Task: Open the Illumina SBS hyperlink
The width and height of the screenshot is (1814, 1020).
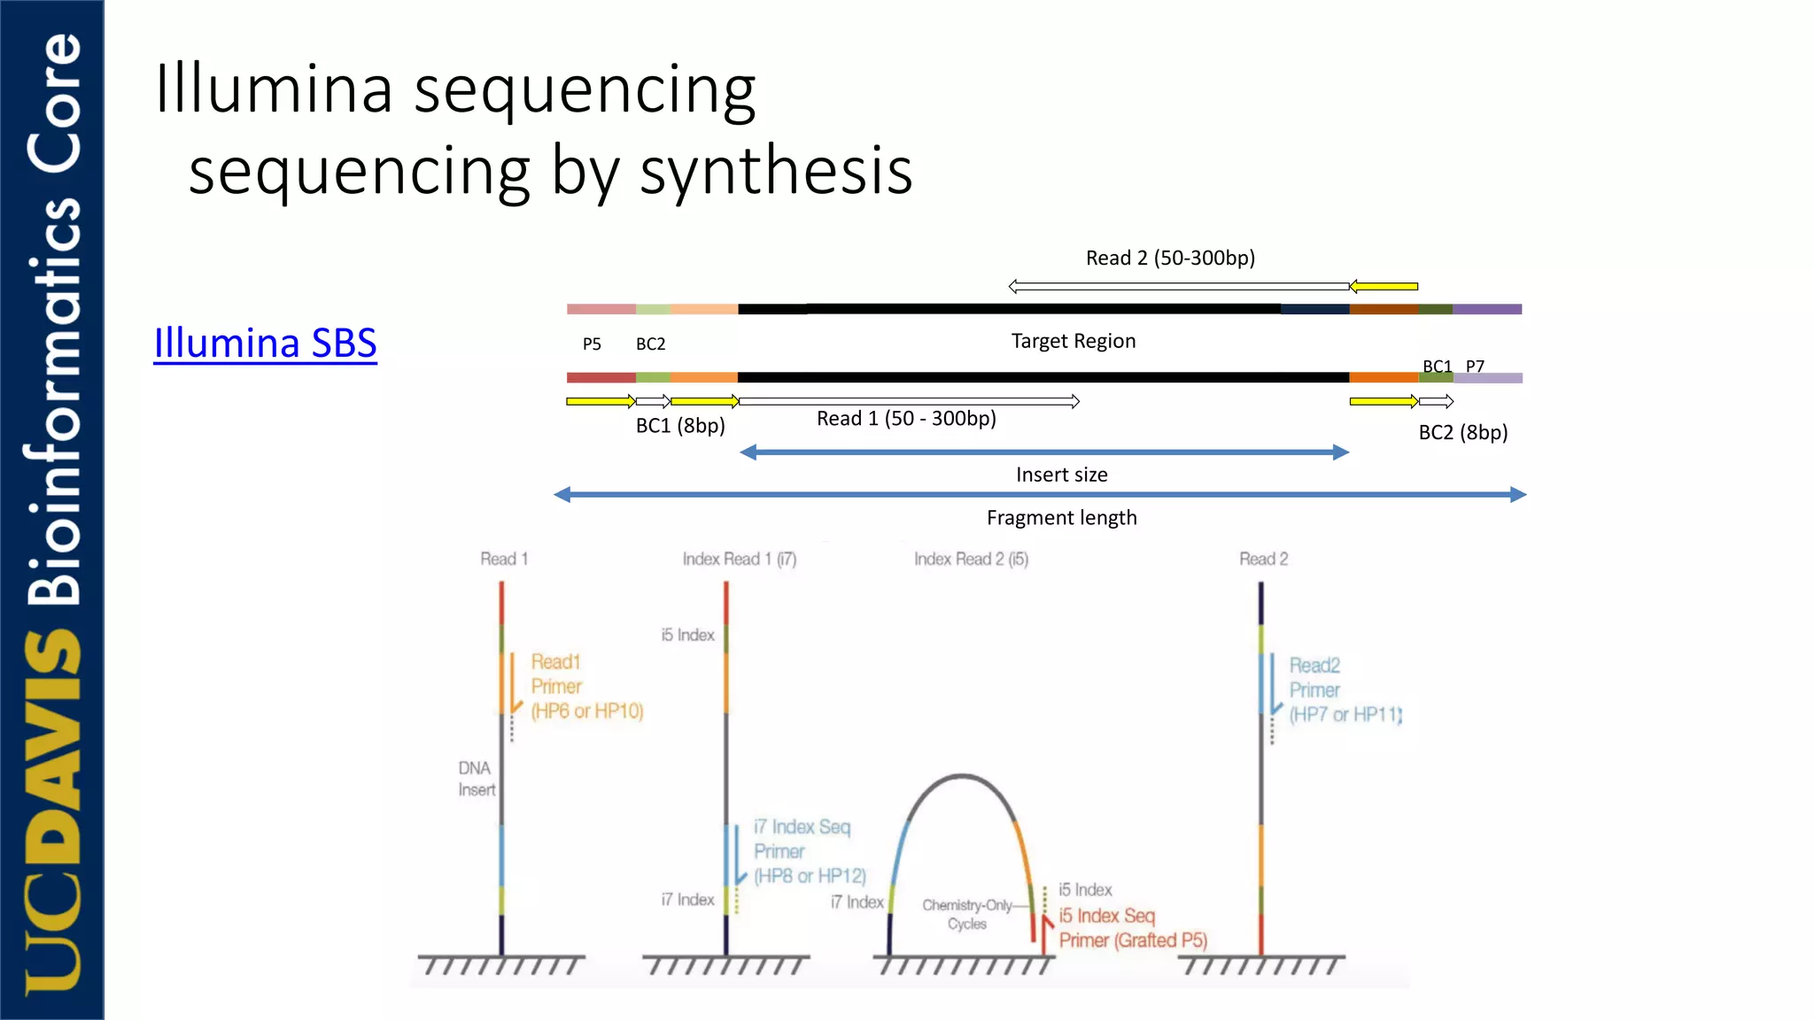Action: [265, 344]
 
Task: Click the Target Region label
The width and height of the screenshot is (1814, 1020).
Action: [1073, 341]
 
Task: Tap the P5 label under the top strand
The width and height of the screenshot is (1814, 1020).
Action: [592, 344]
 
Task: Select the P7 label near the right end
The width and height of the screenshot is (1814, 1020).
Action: [1475, 366]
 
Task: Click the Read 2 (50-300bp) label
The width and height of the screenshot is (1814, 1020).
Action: [1170, 258]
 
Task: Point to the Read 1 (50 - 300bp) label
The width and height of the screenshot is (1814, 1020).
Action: [906, 419]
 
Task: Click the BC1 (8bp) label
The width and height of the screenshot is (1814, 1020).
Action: [680, 426]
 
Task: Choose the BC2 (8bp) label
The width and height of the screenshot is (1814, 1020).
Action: [1462, 433]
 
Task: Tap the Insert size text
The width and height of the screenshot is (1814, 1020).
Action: [1061, 475]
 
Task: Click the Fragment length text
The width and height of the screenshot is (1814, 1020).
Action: [1061, 518]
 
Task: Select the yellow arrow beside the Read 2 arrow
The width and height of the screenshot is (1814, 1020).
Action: [1384, 286]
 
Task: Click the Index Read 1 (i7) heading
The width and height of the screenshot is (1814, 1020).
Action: [740, 559]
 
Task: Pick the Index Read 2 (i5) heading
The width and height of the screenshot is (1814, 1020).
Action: [971, 559]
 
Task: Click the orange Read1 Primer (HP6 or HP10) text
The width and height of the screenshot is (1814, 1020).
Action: [586, 686]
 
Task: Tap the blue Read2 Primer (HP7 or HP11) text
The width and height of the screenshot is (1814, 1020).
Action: [1345, 690]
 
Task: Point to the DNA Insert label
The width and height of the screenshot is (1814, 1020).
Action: [477, 778]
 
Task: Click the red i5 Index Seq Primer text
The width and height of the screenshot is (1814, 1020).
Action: [1132, 928]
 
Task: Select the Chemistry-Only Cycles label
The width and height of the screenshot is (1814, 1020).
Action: [966, 914]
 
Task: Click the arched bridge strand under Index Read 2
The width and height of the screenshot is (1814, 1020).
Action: [962, 777]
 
